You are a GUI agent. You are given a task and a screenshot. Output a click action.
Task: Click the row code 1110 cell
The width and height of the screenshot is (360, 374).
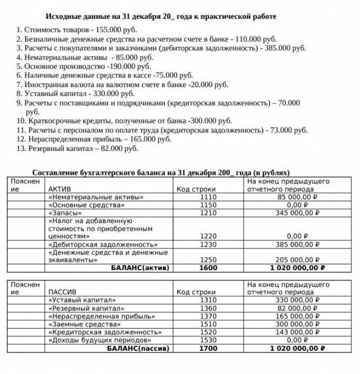(x=208, y=198)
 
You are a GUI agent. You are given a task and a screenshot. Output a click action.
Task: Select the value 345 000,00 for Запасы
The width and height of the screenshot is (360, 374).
(x=297, y=213)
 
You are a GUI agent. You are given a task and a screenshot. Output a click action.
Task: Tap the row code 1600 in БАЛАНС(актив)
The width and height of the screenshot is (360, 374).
(x=208, y=267)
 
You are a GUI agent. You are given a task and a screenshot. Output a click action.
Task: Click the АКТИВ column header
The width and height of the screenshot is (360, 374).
(x=60, y=189)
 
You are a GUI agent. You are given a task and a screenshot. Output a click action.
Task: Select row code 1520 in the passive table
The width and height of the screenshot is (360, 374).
(x=208, y=332)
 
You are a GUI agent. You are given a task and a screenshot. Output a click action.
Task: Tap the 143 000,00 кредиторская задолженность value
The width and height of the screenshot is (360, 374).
(x=297, y=332)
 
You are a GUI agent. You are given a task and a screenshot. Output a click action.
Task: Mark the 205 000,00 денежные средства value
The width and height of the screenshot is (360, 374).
(x=297, y=259)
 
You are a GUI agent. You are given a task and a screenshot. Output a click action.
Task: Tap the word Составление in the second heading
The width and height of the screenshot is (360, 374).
(x=57, y=172)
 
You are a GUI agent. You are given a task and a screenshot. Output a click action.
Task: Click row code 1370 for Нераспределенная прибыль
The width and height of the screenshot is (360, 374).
(x=208, y=316)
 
